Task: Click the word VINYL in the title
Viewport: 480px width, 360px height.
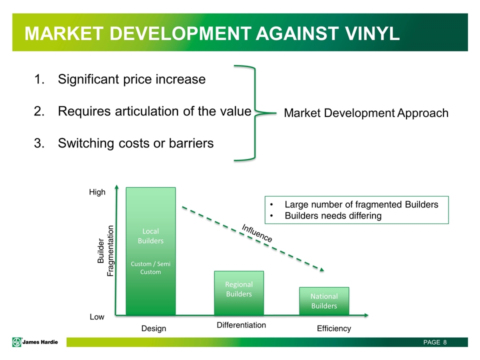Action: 372,33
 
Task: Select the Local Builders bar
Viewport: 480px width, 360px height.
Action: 150,251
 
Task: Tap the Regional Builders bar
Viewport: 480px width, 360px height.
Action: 239,293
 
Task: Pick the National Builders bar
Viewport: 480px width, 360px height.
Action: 324,301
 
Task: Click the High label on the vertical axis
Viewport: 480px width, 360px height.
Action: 97,192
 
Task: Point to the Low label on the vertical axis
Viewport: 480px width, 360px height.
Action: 97,317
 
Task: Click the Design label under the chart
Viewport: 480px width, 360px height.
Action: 153,328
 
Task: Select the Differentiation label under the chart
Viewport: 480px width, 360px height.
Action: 241,325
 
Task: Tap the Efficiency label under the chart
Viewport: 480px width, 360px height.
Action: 334,328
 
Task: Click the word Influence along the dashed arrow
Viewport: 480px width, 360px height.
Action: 257,233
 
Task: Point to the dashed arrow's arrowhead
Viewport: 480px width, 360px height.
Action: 321,269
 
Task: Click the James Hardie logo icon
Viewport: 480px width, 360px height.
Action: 17,342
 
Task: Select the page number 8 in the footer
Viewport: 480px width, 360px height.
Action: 445,342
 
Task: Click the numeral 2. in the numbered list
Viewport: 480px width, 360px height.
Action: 39,111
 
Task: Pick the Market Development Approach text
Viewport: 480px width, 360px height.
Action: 366,113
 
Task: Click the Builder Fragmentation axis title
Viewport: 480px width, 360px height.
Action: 105,251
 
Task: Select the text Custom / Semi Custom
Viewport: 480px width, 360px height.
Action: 150,268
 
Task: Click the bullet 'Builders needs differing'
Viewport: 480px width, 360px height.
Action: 333,216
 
